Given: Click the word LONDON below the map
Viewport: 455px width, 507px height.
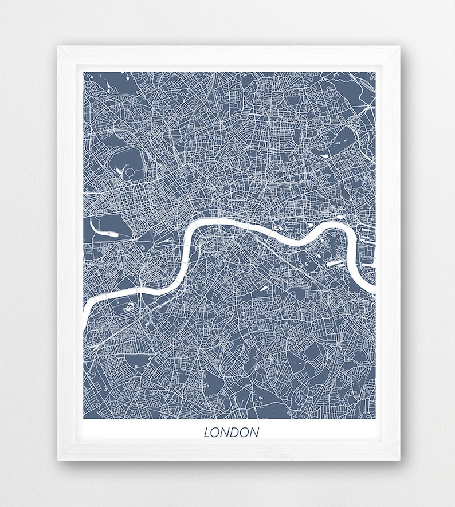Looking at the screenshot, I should click(231, 433).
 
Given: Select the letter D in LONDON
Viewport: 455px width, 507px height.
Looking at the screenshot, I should click(232, 433).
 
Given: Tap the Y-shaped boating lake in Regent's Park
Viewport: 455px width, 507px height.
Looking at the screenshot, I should click(121, 170).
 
